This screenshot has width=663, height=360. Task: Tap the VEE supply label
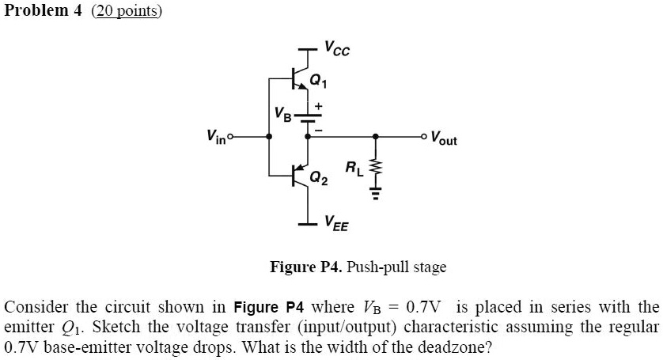tap(335, 226)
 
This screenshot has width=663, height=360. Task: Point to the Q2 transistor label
tap(318, 179)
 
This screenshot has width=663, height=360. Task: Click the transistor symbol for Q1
tap(300, 78)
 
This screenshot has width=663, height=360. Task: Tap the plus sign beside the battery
tap(320, 104)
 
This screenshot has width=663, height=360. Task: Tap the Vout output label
tap(443, 139)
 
